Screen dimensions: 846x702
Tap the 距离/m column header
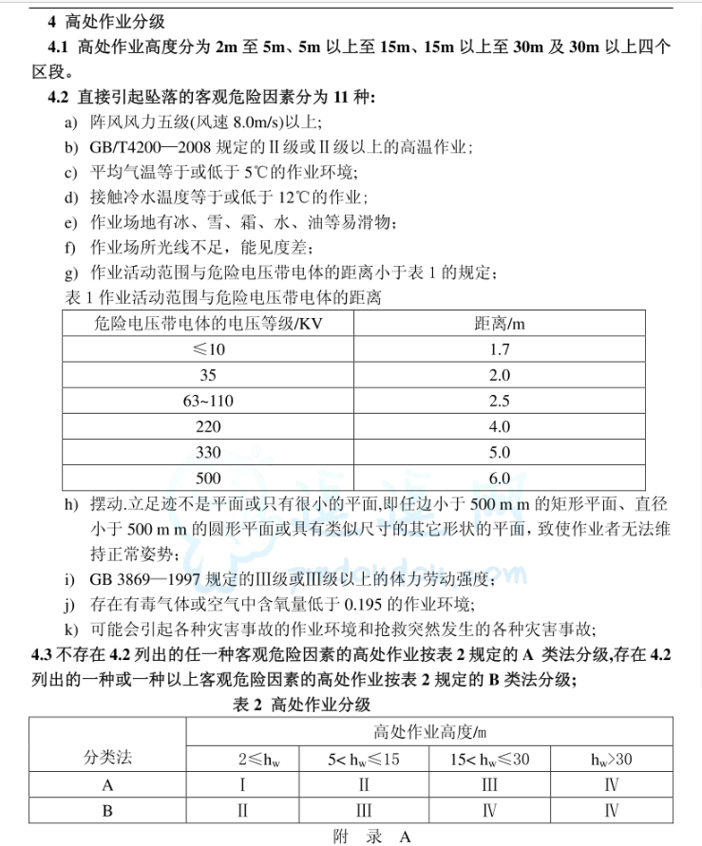[x=500, y=324]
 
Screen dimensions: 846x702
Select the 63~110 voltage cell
[x=208, y=401]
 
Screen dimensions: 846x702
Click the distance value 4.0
[x=500, y=426]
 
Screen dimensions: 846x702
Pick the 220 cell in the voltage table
[x=208, y=426]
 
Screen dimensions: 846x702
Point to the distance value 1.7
[x=500, y=349]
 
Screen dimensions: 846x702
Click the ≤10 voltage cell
[x=208, y=349]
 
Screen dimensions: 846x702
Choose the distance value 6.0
[x=500, y=478]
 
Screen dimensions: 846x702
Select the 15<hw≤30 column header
[x=489, y=759]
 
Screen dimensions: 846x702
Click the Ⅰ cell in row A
[x=243, y=784]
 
